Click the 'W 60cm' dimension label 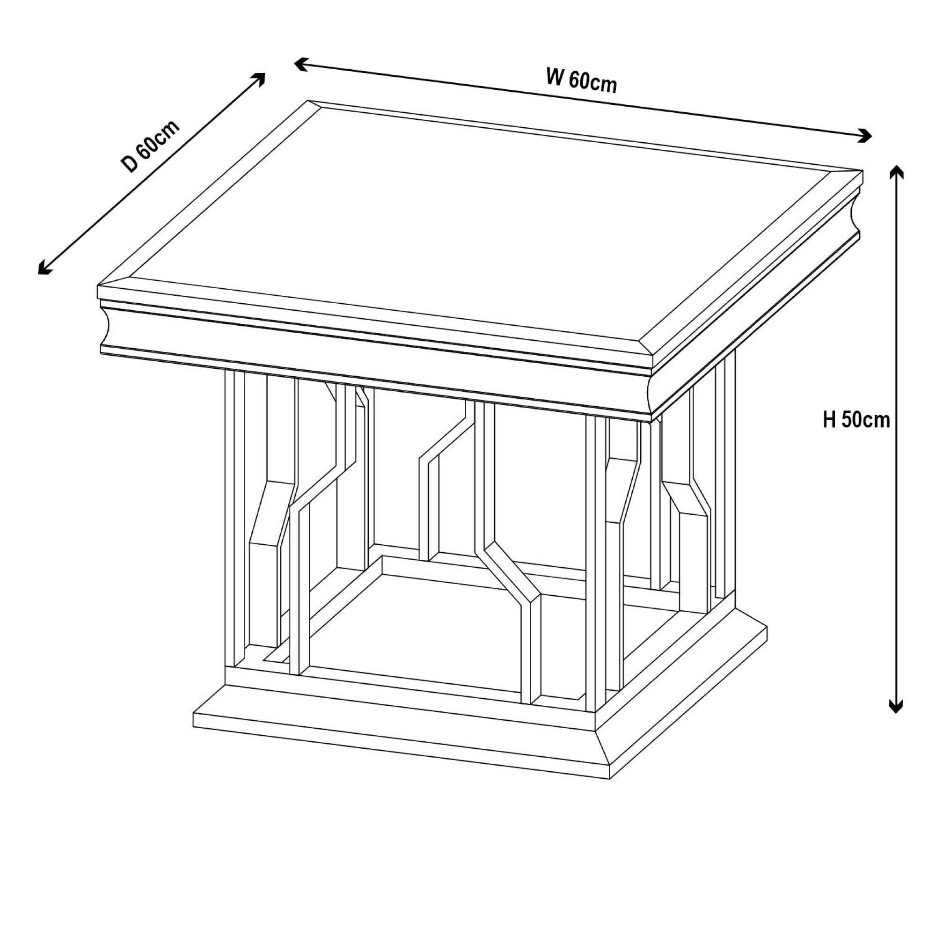581,81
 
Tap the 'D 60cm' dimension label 151,146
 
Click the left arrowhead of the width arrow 302,64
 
